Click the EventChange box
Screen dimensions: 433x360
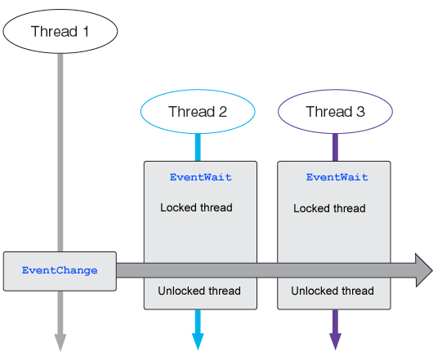pos(60,271)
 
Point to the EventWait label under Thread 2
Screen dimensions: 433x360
pos(200,177)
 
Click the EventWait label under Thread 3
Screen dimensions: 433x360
pos(337,177)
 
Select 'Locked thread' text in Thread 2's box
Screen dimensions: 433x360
pos(196,207)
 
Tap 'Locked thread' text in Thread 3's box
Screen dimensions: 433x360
pos(329,208)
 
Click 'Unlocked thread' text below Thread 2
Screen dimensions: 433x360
pos(199,291)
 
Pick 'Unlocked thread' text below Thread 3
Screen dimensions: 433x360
pos(333,291)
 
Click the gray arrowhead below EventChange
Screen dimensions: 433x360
pos(60,342)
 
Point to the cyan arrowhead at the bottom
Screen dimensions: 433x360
pos(198,341)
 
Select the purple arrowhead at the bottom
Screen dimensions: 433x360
pos(335,341)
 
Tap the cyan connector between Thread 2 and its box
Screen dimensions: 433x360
pos(198,147)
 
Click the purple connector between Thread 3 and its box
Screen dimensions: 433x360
pos(335,147)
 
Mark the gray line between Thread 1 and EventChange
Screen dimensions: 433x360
pos(60,153)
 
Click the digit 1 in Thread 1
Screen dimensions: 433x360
pos(86,31)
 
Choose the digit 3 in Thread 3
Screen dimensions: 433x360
pos(360,112)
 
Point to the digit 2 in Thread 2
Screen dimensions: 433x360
pos(223,112)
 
